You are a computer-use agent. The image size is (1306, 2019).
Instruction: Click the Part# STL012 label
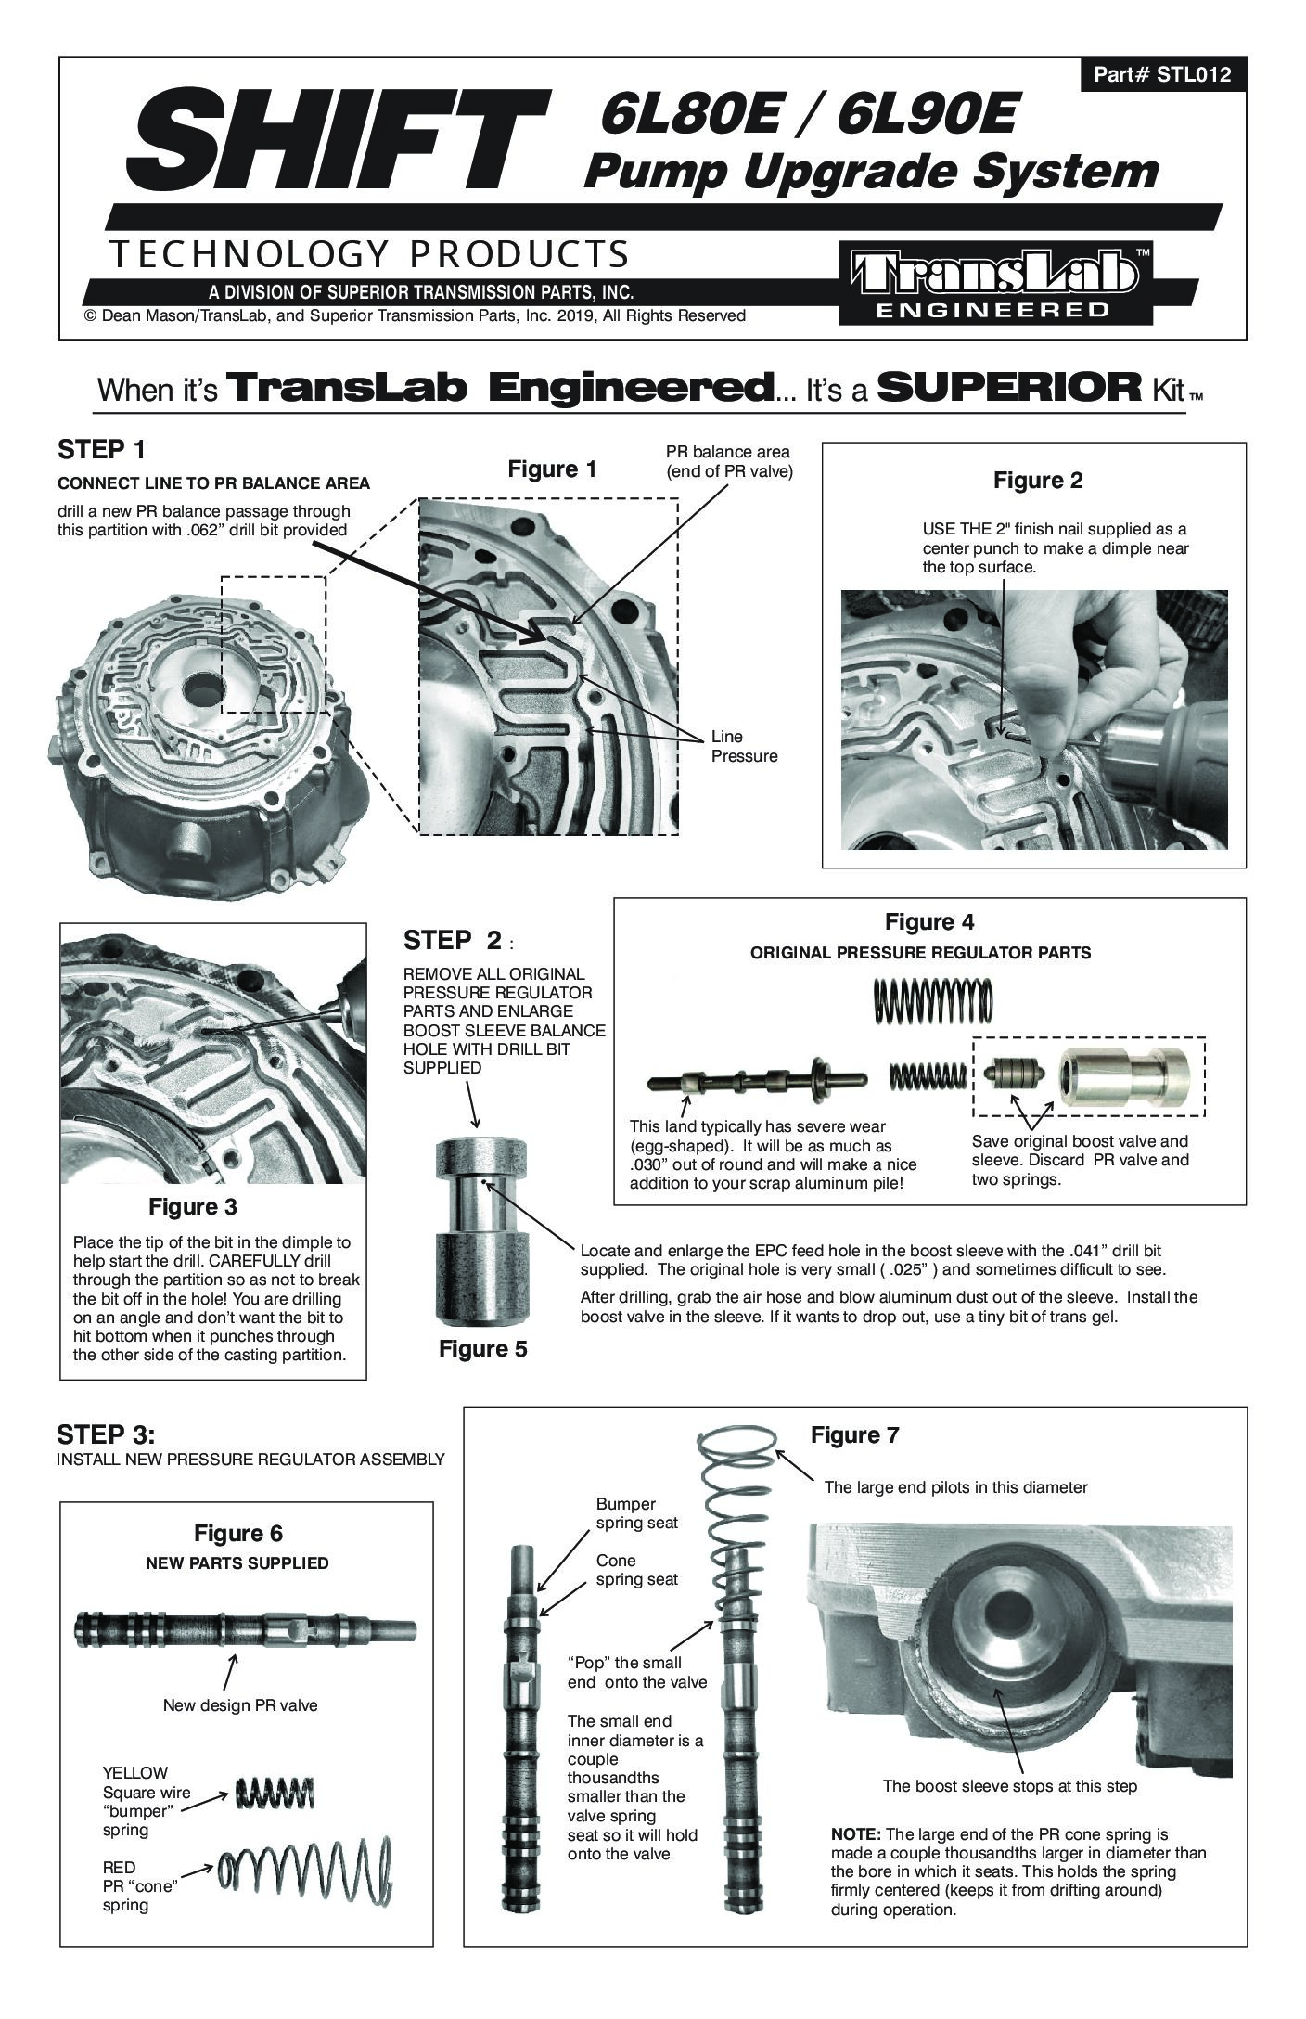coord(1162,74)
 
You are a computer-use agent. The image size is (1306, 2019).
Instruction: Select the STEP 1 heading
coord(102,450)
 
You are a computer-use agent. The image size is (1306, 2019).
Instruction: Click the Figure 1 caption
coord(552,469)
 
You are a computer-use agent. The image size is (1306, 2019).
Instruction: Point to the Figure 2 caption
coord(1038,481)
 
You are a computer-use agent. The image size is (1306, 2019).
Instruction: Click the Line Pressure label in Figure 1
coord(744,746)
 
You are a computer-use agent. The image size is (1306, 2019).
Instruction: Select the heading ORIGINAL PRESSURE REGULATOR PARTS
coord(920,952)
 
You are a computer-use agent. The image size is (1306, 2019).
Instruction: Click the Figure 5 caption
coord(483,1349)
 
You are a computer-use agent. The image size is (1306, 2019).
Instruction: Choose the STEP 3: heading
coord(106,1434)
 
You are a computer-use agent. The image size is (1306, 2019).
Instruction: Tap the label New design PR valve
coord(240,1704)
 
